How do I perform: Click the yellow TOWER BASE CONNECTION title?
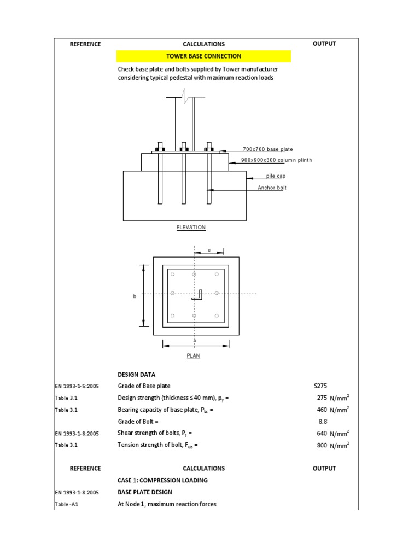click(203, 56)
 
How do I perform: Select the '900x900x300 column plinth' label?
click(276, 160)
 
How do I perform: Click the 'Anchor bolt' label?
click(272, 188)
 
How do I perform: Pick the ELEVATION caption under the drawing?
click(191, 227)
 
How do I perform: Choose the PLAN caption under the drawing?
click(194, 355)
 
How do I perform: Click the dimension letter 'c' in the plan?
click(208, 250)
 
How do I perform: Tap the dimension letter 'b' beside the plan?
click(135, 296)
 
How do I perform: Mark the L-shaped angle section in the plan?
click(198, 295)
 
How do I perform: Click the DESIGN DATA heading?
click(136, 375)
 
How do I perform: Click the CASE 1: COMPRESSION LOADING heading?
click(162, 480)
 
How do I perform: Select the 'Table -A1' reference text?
click(67, 505)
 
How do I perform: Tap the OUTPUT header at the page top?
click(324, 44)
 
